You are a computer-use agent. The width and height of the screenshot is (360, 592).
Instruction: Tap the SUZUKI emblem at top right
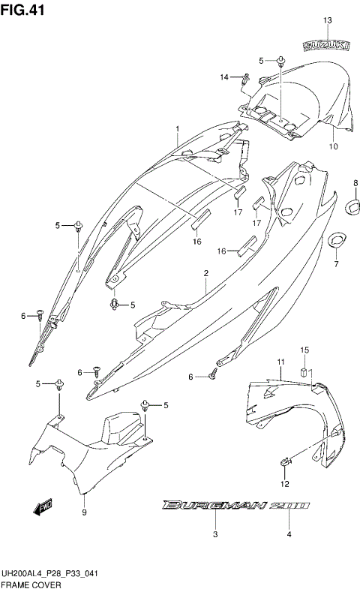point(326,46)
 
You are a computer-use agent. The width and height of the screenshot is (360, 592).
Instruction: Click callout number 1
point(178,129)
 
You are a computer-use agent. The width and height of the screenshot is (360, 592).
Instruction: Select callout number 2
point(205,275)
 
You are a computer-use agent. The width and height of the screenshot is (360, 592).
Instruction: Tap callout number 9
point(84,512)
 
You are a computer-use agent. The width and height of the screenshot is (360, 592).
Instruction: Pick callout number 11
point(280,362)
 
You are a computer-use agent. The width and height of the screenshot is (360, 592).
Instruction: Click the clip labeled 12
point(285,460)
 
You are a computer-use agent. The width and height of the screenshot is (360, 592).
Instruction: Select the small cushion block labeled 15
point(305,371)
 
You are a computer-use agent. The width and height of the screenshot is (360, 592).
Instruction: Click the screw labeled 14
point(247,76)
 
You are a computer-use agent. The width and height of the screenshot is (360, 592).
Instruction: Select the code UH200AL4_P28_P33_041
point(52,572)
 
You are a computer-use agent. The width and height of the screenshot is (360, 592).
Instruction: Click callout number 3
point(214,534)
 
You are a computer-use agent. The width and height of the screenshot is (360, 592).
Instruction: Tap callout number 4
point(288,534)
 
